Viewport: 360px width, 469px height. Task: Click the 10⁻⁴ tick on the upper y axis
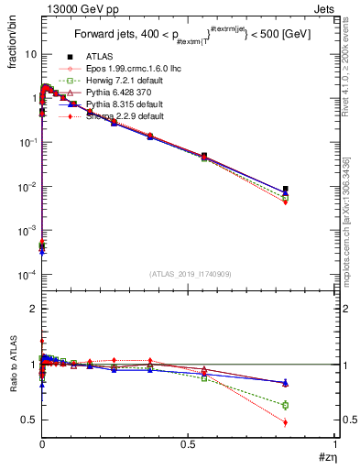click(x=27, y=275)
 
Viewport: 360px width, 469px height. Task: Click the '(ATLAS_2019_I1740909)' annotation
click(x=189, y=275)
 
